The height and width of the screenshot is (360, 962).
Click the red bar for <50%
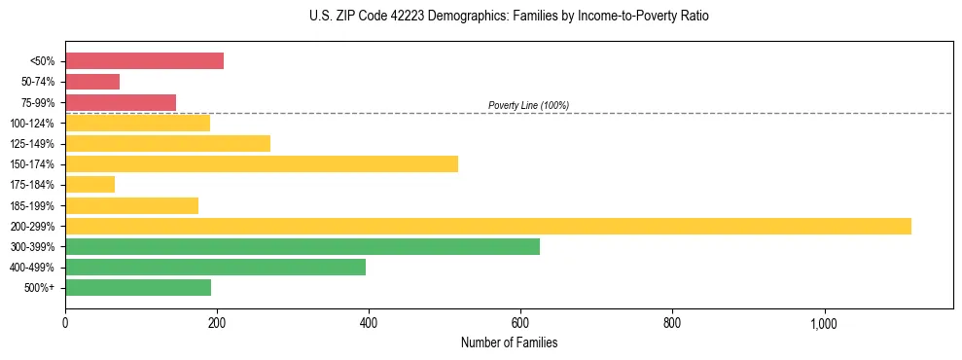[x=144, y=61]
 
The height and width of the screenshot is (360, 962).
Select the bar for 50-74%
[x=92, y=82]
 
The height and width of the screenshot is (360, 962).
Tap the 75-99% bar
[x=121, y=102]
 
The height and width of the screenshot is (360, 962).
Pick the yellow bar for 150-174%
[x=262, y=163]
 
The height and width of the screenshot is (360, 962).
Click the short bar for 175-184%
[x=89, y=184]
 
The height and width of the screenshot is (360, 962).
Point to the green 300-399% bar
[x=303, y=246]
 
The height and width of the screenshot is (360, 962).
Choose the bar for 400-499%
[x=215, y=267]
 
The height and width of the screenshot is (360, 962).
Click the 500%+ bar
[x=138, y=287]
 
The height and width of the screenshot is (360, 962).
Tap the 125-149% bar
[x=167, y=143]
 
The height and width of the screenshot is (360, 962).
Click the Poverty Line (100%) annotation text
[x=528, y=105]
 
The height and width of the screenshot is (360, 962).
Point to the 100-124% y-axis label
[x=33, y=124]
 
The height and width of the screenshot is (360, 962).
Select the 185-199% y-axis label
[x=33, y=205]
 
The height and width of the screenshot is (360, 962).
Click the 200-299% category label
[x=33, y=226]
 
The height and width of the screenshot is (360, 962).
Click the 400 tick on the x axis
[x=369, y=323]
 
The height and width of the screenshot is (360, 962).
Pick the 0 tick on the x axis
[x=65, y=323]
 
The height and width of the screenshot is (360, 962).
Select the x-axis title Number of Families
[x=509, y=342]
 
